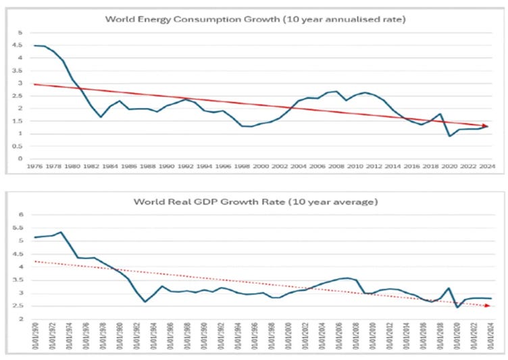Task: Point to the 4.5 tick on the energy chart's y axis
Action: pyautogui.click(x=20, y=45)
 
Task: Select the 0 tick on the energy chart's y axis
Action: pyautogui.click(x=20, y=159)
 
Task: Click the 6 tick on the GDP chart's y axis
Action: pyautogui.click(x=20, y=215)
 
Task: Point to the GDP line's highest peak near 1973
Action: pyautogui.click(x=62, y=232)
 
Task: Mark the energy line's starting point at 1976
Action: pyautogui.click(x=34, y=45)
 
